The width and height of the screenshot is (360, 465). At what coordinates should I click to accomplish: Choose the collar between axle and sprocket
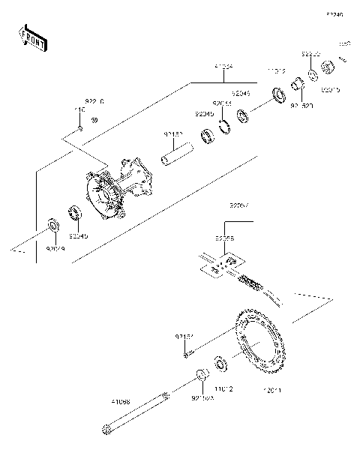201,374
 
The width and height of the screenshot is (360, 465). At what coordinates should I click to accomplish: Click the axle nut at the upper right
328,70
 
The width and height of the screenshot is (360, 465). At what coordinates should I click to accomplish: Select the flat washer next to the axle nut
313,76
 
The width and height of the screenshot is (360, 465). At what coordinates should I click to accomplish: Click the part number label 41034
223,67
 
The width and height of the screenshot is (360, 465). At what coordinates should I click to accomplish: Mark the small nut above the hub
80,129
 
